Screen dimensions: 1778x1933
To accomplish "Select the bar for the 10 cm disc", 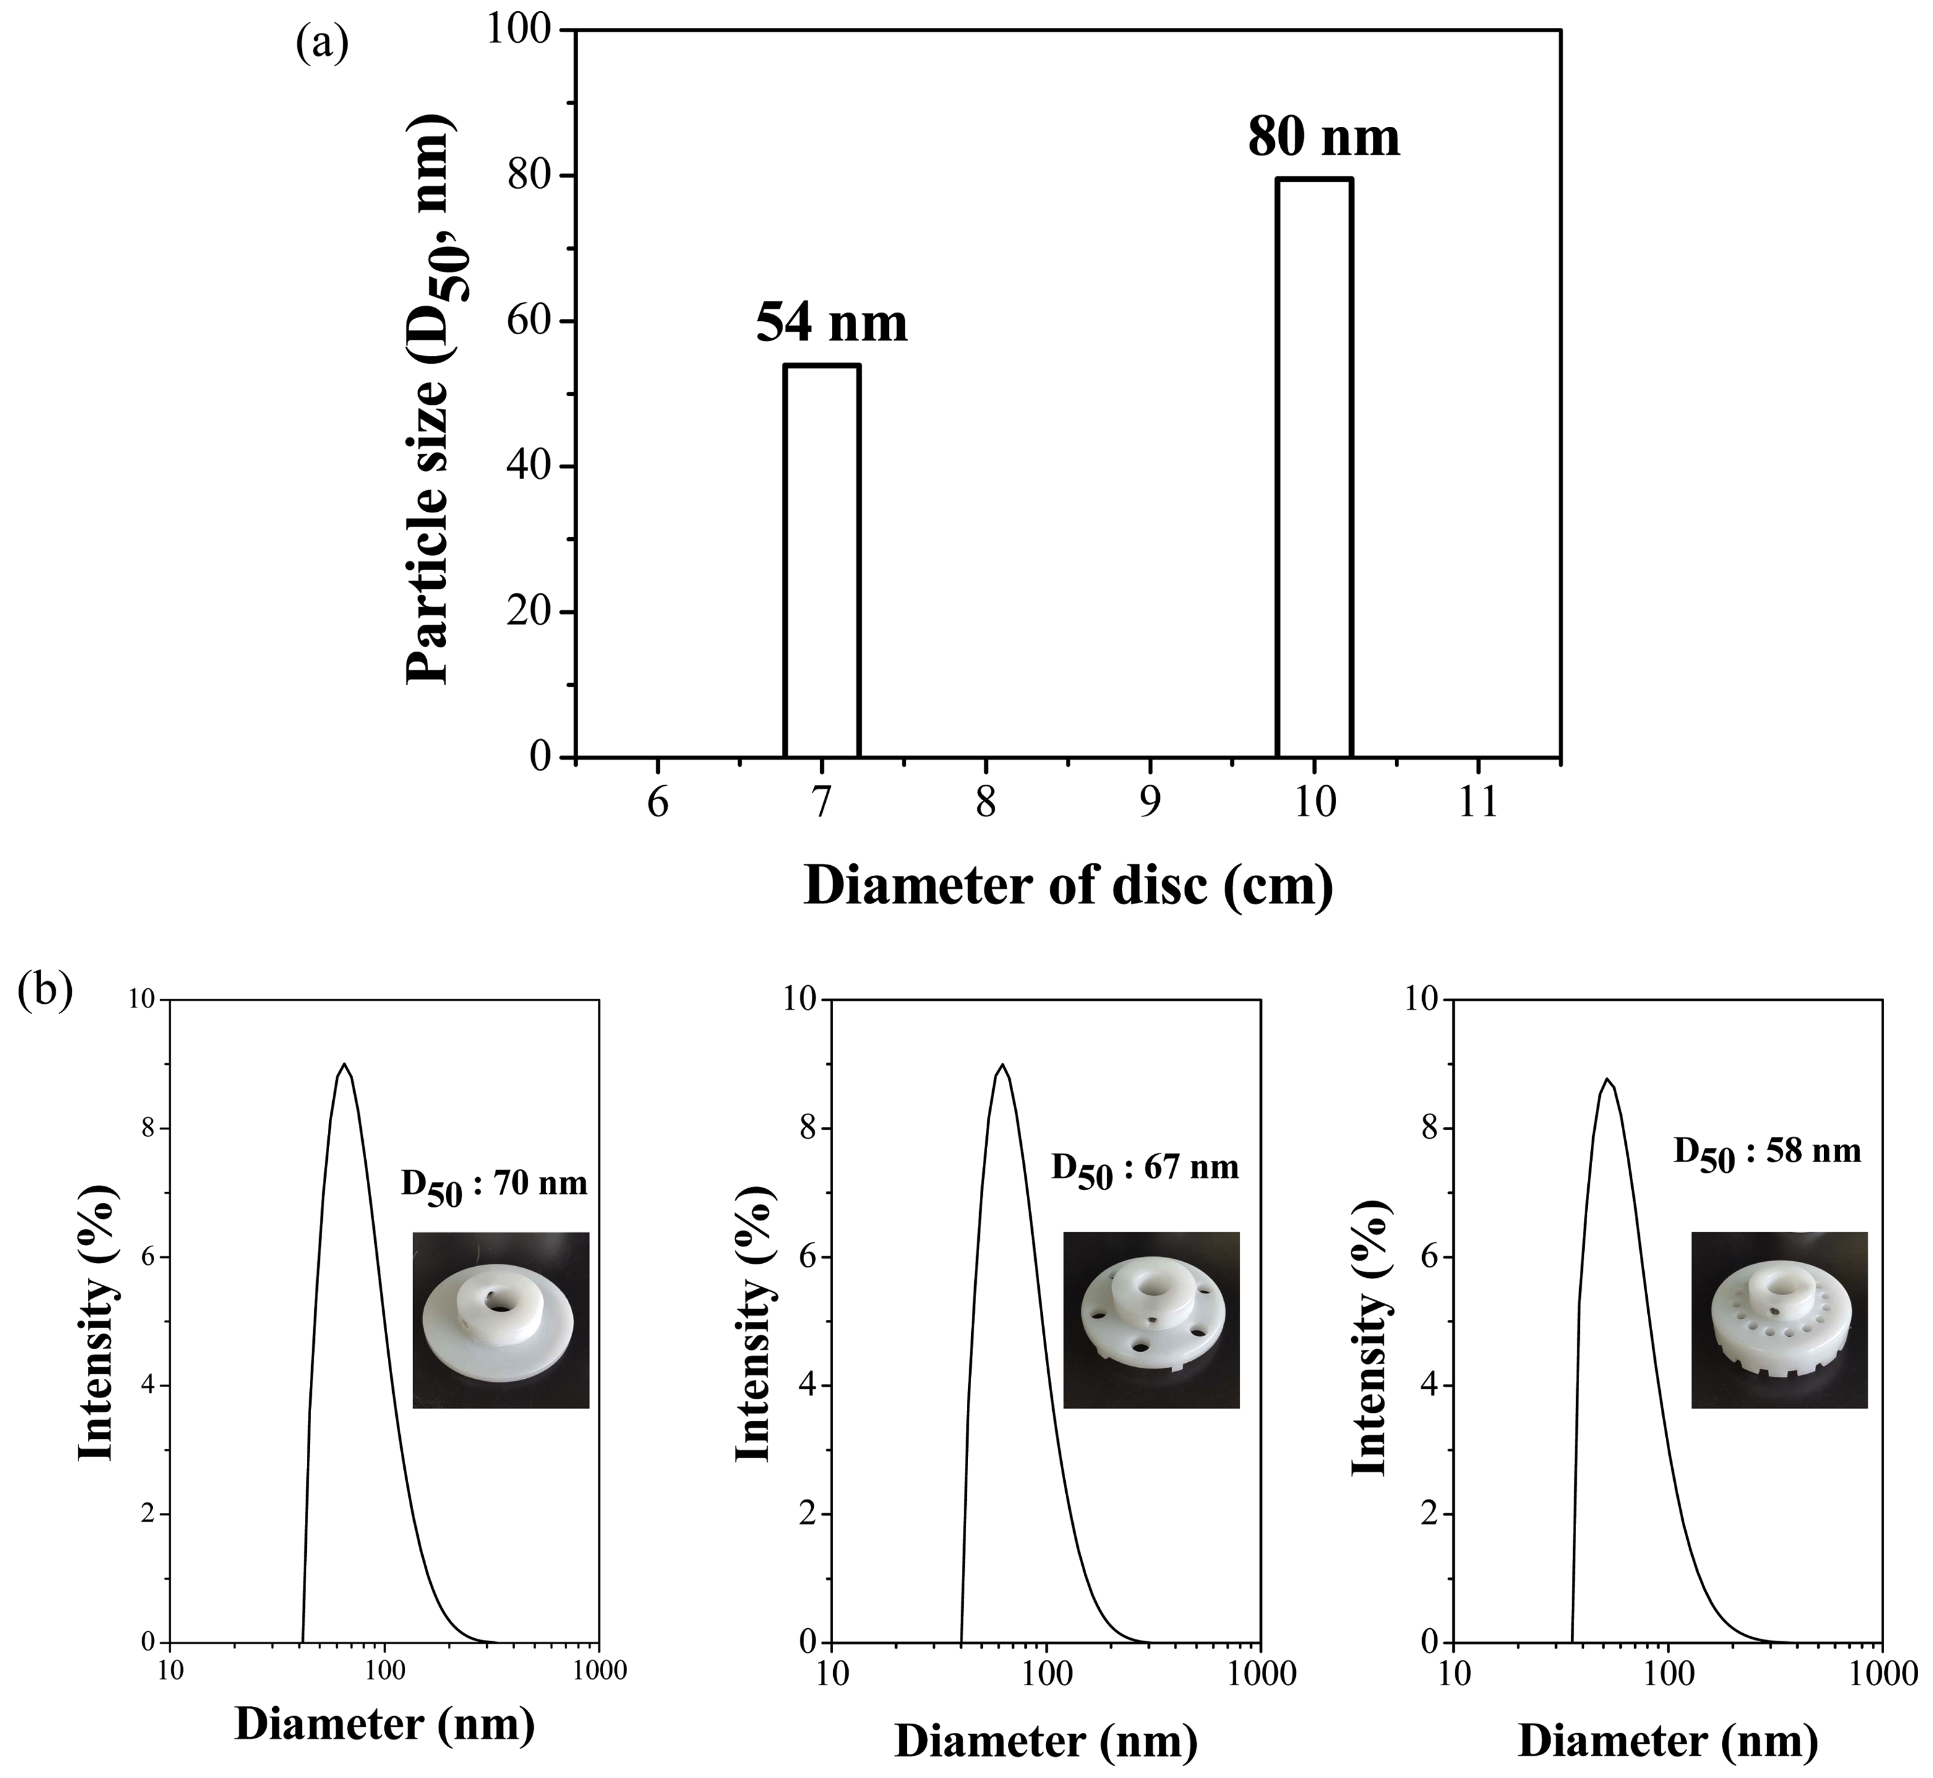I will coord(1314,468).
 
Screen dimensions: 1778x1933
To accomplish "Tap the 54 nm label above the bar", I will coord(831,323).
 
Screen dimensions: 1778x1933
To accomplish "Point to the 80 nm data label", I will coord(1324,137).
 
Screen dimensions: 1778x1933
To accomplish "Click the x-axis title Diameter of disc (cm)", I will coord(1068,885).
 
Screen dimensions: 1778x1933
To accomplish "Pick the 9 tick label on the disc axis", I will coord(1150,801).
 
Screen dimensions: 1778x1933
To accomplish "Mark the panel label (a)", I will coord(322,43).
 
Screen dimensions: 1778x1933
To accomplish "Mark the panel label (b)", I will coord(45,991).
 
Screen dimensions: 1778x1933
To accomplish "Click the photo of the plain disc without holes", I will coord(500,1320).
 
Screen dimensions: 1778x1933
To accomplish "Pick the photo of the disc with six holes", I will coord(1151,1320).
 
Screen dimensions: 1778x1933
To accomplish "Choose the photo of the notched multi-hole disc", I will coord(1779,1320).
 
